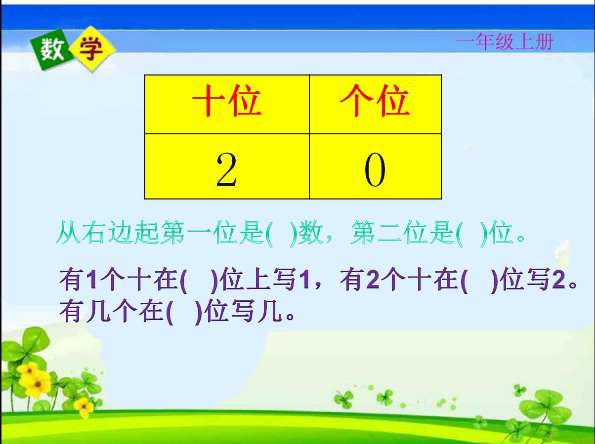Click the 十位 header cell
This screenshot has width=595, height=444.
227,103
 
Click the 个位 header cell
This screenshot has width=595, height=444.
375,103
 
